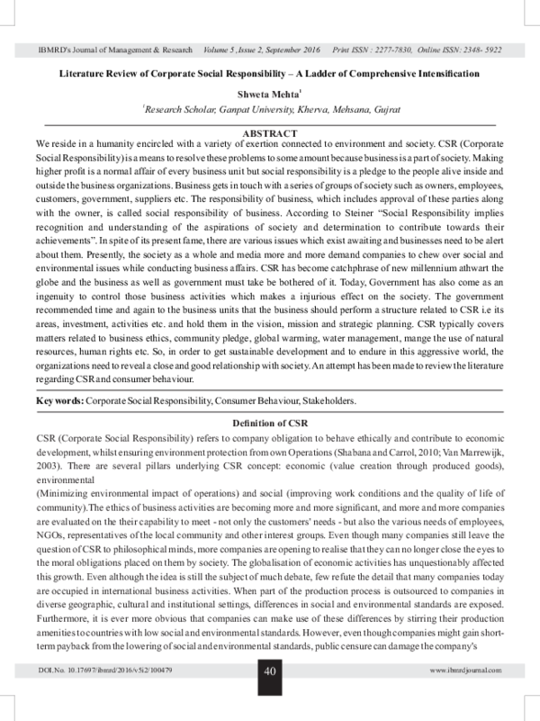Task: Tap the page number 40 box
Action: click(269, 696)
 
